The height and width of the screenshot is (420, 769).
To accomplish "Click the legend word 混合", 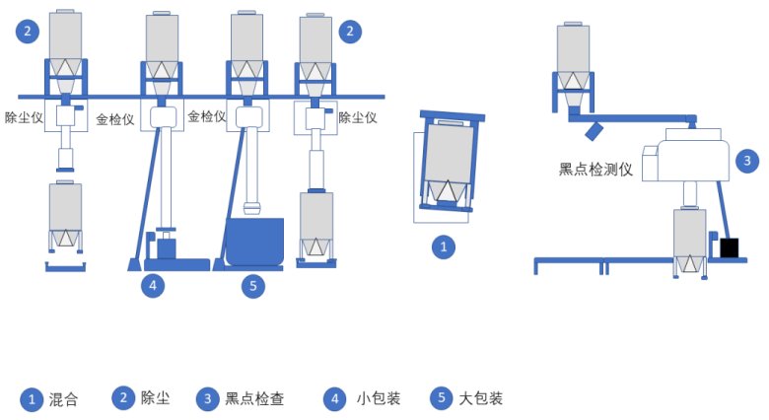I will pos(64,400).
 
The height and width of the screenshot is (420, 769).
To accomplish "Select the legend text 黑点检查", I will pos(254,399).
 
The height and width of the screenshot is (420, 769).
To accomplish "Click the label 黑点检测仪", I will pos(594,169).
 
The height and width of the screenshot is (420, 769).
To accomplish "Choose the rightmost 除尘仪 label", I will pos(359,116).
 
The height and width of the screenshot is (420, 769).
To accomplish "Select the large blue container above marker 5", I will pos(254,242).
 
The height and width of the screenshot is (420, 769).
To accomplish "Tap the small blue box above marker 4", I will pos(167,246).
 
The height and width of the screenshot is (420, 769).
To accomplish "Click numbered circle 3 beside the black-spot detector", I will pos(748,159).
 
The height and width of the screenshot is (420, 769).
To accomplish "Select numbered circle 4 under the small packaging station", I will pos(152,286).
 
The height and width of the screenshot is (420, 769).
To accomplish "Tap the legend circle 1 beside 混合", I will pos(33,399).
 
